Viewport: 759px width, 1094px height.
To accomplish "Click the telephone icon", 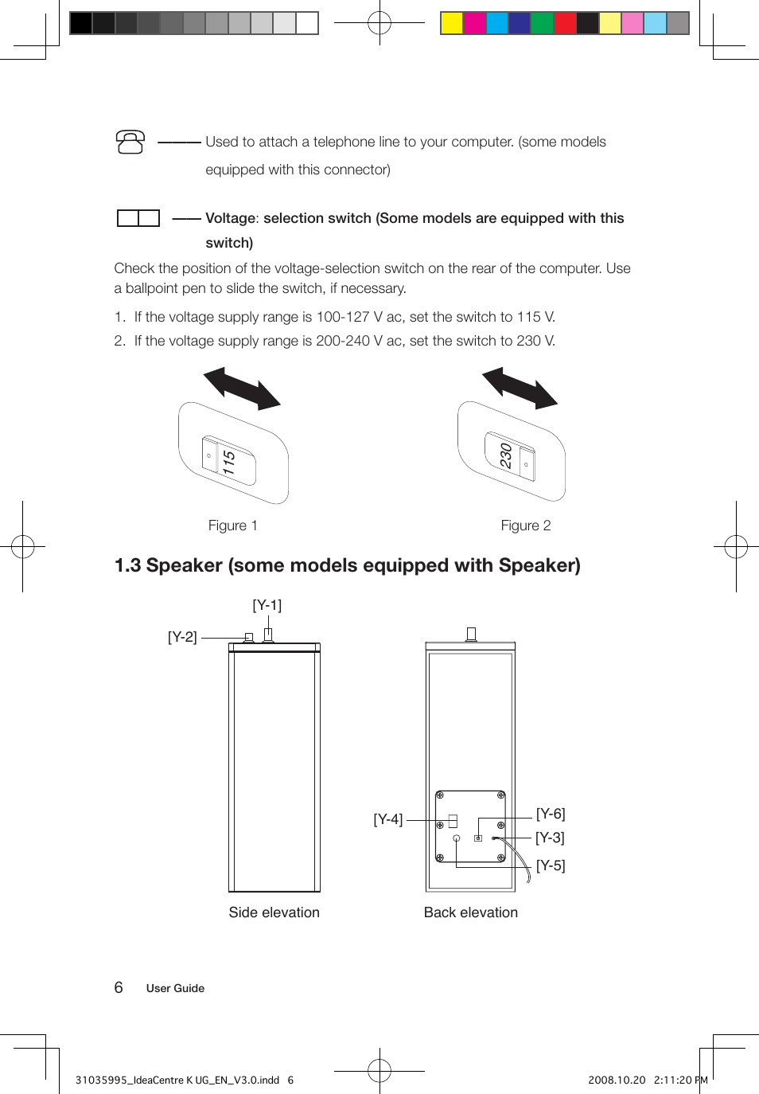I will pyautogui.click(x=130, y=143).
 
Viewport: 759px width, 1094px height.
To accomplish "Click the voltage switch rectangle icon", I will pyautogui.click(x=138, y=218).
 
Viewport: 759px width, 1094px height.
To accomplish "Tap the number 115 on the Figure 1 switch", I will pyautogui.click(x=229, y=463).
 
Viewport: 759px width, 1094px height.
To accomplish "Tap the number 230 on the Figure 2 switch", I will pyautogui.click(x=505, y=455).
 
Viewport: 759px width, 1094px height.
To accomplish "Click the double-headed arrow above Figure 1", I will pyautogui.click(x=242, y=388).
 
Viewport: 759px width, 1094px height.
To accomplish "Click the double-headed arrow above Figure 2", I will pyautogui.click(x=520, y=388).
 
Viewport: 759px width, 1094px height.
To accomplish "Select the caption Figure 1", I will pyautogui.click(x=232, y=526).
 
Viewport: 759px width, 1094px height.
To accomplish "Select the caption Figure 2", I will pyautogui.click(x=525, y=526).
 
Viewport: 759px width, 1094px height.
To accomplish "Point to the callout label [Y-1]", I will pyautogui.click(x=267, y=605).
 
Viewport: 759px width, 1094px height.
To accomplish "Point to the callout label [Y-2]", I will pyautogui.click(x=182, y=637).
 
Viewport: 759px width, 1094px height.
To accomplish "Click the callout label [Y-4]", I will pyautogui.click(x=388, y=819).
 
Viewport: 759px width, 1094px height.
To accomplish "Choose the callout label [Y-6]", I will pyautogui.click(x=551, y=814).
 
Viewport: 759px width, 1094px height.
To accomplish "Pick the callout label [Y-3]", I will pyautogui.click(x=550, y=838).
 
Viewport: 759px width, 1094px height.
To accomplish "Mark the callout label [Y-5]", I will pyautogui.click(x=551, y=865).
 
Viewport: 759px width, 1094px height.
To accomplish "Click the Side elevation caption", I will pyautogui.click(x=274, y=912).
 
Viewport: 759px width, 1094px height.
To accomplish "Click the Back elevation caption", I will pyautogui.click(x=470, y=912).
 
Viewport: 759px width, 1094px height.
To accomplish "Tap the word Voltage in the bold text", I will pyautogui.click(x=231, y=218).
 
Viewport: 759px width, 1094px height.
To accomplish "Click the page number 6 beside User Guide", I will pyautogui.click(x=119, y=987).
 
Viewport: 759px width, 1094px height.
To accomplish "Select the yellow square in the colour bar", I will pyautogui.click(x=452, y=23).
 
